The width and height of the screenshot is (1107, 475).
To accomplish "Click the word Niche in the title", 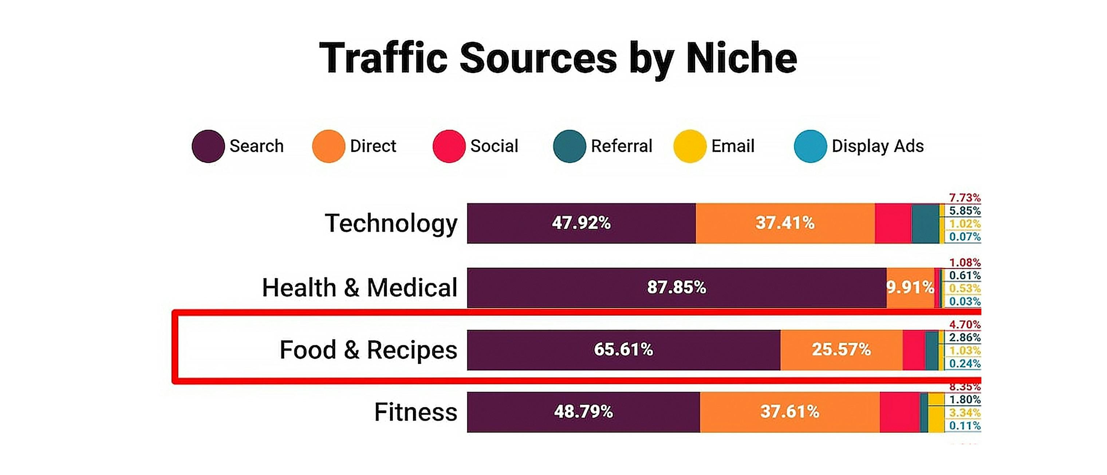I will pyautogui.click(x=741, y=58).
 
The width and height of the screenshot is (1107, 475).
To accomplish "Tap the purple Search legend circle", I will pyautogui.click(x=208, y=146).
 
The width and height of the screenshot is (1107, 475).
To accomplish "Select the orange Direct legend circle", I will pyautogui.click(x=328, y=146).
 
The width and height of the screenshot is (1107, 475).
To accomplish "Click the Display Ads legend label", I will pyautogui.click(x=877, y=146).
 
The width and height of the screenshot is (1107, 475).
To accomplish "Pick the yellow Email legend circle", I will pyautogui.click(x=690, y=146).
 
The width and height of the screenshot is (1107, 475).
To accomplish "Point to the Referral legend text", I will pyautogui.click(x=621, y=146).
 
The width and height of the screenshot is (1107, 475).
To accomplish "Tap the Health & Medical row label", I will pyautogui.click(x=359, y=287).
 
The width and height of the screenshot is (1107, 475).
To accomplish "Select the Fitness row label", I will pyautogui.click(x=415, y=412).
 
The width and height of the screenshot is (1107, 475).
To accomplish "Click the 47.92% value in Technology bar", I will pyautogui.click(x=581, y=223).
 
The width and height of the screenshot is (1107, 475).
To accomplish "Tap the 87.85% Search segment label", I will pyautogui.click(x=677, y=287).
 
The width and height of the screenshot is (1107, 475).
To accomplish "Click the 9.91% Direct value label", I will pyautogui.click(x=910, y=287).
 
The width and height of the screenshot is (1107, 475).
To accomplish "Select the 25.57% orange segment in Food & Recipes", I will pyautogui.click(x=841, y=349).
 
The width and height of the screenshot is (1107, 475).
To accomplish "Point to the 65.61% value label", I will pyautogui.click(x=623, y=349).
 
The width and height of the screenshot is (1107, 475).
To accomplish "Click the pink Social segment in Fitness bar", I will pyautogui.click(x=899, y=412).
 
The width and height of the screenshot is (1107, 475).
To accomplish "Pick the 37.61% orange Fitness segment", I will pyautogui.click(x=789, y=412).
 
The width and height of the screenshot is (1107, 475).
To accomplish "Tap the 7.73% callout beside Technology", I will pyautogui.click(x=964, y=198).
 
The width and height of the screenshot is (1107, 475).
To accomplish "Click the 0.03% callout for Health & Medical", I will pyautogui.click(x=964, y=301).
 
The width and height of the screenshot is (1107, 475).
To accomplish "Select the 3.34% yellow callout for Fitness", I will pyautogui.click(x=964, y=413).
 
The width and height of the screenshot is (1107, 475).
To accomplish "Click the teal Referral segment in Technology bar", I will pyautogui.click(x=925, y=223).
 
